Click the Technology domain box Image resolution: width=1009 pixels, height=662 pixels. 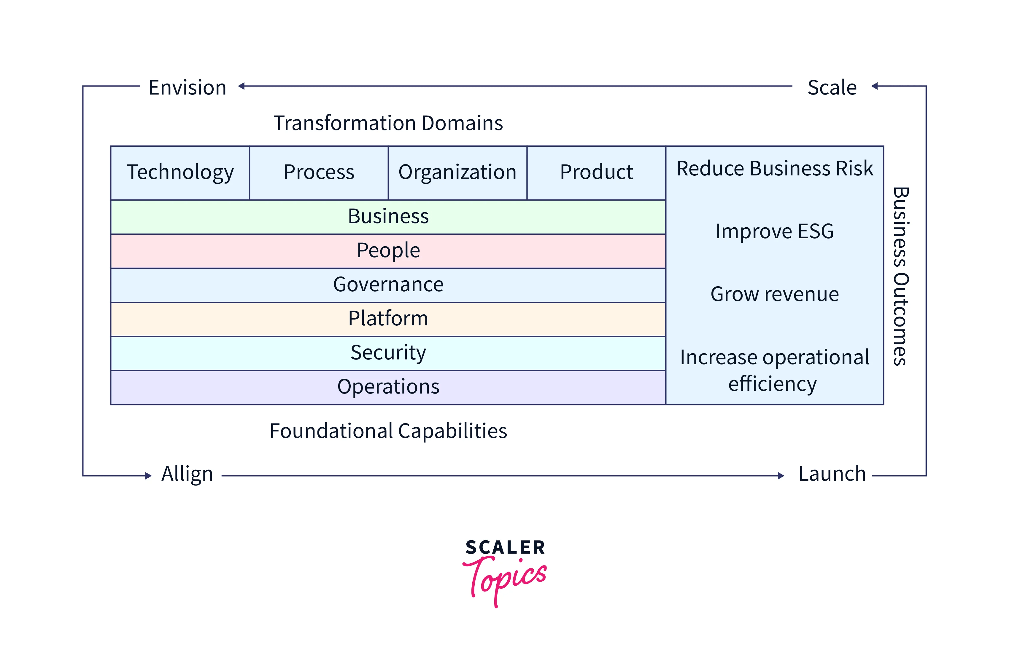180,172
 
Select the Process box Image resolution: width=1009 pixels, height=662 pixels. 319,172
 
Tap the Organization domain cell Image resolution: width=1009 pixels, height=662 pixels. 457,172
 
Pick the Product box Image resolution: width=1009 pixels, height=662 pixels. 596,172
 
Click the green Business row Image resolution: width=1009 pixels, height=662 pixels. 388,216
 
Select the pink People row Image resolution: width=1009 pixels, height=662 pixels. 388,250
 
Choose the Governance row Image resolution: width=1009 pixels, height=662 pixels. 388,284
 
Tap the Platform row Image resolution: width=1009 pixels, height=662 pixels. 388,319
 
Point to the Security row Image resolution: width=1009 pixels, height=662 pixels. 388,353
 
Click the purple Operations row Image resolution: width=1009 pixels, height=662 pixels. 388,387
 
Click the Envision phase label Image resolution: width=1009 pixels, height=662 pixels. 188,88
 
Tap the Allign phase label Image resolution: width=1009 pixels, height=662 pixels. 187,474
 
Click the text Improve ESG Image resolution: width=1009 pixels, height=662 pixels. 774,231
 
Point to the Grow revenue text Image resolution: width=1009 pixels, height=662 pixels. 774,294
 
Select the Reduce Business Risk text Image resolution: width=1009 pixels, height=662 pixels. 774,169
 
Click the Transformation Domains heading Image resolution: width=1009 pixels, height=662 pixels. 388,123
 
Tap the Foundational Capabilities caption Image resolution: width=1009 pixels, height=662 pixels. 388,431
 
